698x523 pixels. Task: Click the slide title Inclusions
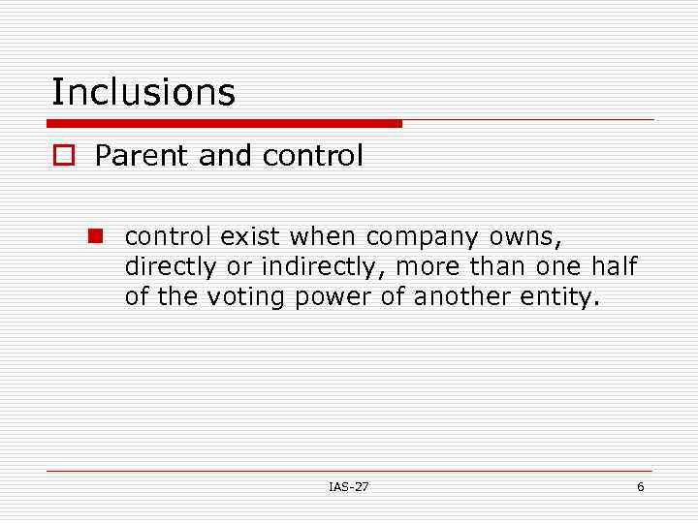pos(143,92)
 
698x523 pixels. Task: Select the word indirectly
pos(316,267)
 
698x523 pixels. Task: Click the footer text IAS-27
pos(349,486)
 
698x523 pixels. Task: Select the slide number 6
pos(640,486)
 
